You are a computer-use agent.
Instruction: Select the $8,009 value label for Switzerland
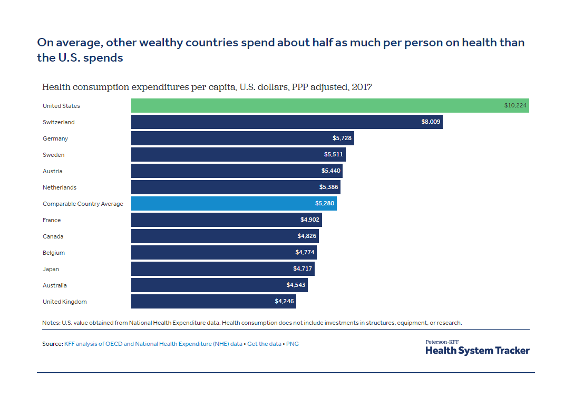click(431, 122)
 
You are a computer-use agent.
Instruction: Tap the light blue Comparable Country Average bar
click(234, 204)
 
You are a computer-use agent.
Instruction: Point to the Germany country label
click(55, 138)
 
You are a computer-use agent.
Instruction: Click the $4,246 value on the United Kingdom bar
click(284, 302)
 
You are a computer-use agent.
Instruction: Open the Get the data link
click(265, 344)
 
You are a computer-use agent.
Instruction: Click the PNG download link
click(292, 344)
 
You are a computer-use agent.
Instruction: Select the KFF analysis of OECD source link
click(153, 344)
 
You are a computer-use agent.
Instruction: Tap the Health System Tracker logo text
click(477, 350)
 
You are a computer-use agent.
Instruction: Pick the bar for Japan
click(222, 269)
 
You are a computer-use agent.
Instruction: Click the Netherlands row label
click(60, 187)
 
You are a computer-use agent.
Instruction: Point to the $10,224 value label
click(515, 106)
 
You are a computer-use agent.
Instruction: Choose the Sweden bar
click(238, 155)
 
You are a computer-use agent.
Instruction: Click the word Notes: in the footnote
click(51, 323)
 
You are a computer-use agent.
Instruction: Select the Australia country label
click(55, 285)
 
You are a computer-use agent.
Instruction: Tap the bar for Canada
click(225, 236)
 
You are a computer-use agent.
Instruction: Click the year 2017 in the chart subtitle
click(363, 87)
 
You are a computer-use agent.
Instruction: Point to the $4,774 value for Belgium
click(305, 253)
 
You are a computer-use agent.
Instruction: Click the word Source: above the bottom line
click(52, 344)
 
